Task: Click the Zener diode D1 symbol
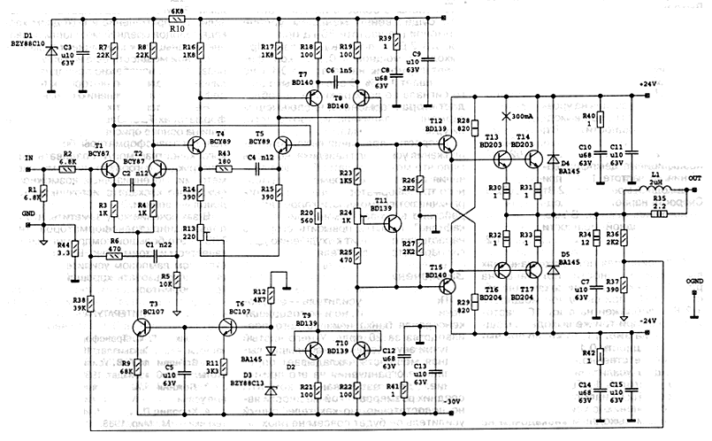pos(51,51)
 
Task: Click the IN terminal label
pos(29,158)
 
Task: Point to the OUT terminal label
pos(695,176)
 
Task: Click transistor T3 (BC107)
pos(142,328)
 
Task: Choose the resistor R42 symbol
pos(600,357)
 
